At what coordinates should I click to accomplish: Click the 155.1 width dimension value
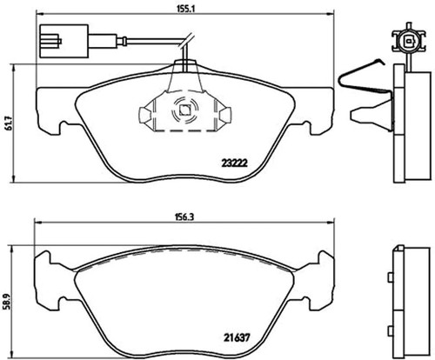[x=185, y=9]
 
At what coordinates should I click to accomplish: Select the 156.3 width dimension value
[x=185, y=218]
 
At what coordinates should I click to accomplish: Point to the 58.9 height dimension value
[x=9, y=301]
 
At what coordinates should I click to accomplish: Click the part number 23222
[x=234, y=163]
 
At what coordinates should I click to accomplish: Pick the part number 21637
[x=237, y=337]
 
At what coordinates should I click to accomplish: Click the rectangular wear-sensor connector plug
[x=64, y=41]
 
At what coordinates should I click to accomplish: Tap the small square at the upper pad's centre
[x=184, y=110]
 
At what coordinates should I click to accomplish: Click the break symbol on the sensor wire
[x=186, y=41]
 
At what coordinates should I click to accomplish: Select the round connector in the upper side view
[x=409, y=41]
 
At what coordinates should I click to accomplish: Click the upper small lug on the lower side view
[x=391, y=277]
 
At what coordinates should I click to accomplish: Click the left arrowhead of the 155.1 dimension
[x=39, y=13]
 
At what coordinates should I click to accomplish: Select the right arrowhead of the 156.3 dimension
[x=331, y=223]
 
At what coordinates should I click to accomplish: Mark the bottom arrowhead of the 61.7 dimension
[x=13, y=178]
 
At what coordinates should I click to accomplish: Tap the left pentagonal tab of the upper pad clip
[x=144, y=114]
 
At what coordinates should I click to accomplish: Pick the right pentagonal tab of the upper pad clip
[x=225, y=114]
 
